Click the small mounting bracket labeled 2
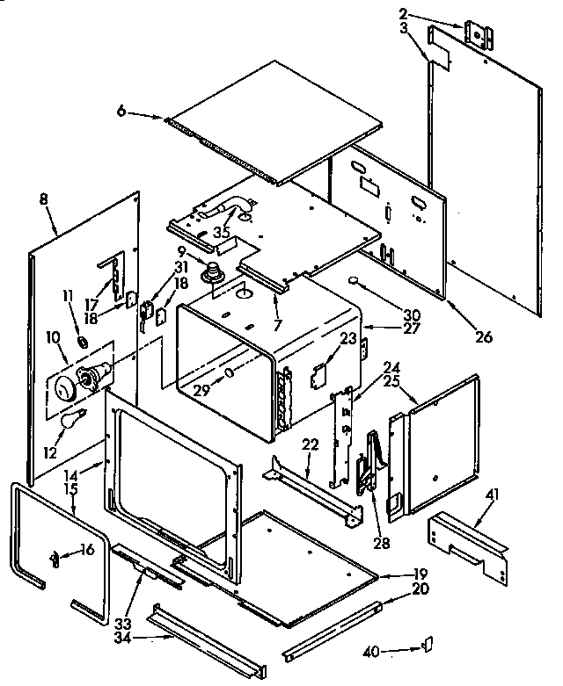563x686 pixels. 479,34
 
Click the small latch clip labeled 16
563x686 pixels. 55,556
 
